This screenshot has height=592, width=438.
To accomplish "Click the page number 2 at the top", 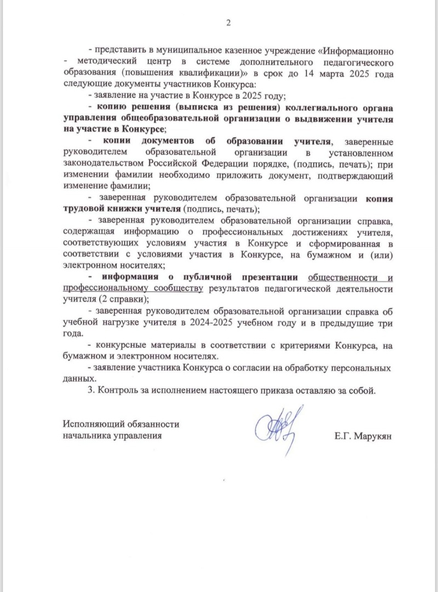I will (229, 22).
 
